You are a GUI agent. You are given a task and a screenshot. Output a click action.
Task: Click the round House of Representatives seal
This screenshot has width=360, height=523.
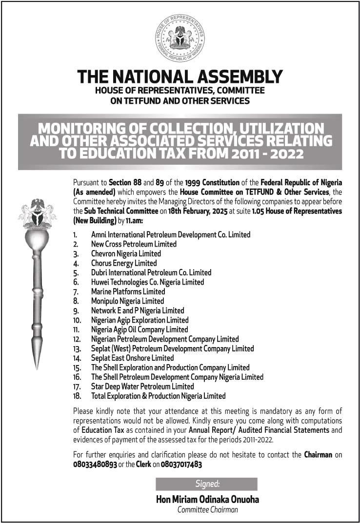click(180, 38)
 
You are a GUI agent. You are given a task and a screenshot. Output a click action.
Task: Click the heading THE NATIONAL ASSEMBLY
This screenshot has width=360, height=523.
click(180, 77)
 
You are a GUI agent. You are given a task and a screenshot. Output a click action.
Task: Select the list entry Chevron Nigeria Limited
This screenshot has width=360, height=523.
click(126, 253)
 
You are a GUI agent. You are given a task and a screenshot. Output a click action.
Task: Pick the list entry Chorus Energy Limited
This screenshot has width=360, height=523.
click(124, 263)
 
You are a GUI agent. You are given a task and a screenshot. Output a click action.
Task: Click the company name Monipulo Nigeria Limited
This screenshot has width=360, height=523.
click(127, 301)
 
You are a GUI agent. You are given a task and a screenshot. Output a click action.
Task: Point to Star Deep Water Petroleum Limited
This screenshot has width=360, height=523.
click(142, 387)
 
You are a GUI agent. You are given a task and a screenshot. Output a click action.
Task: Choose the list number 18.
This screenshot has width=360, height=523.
click(77, 396)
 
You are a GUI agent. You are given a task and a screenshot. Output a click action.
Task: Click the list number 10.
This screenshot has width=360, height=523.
click(77, 320)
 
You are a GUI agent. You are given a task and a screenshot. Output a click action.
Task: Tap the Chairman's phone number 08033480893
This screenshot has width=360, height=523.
click(95, 465)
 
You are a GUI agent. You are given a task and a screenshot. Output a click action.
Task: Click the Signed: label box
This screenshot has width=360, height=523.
click(206, 484)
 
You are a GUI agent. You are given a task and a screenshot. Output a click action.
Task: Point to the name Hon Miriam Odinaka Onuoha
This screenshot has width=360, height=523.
click(207, 499)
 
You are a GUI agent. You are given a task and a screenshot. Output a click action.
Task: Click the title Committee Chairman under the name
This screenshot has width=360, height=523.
click(207, 510)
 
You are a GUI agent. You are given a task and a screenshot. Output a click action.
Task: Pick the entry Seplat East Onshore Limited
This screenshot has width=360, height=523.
click(132, 358)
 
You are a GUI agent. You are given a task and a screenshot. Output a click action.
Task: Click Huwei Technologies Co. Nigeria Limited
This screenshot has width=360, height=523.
click(147, 282)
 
